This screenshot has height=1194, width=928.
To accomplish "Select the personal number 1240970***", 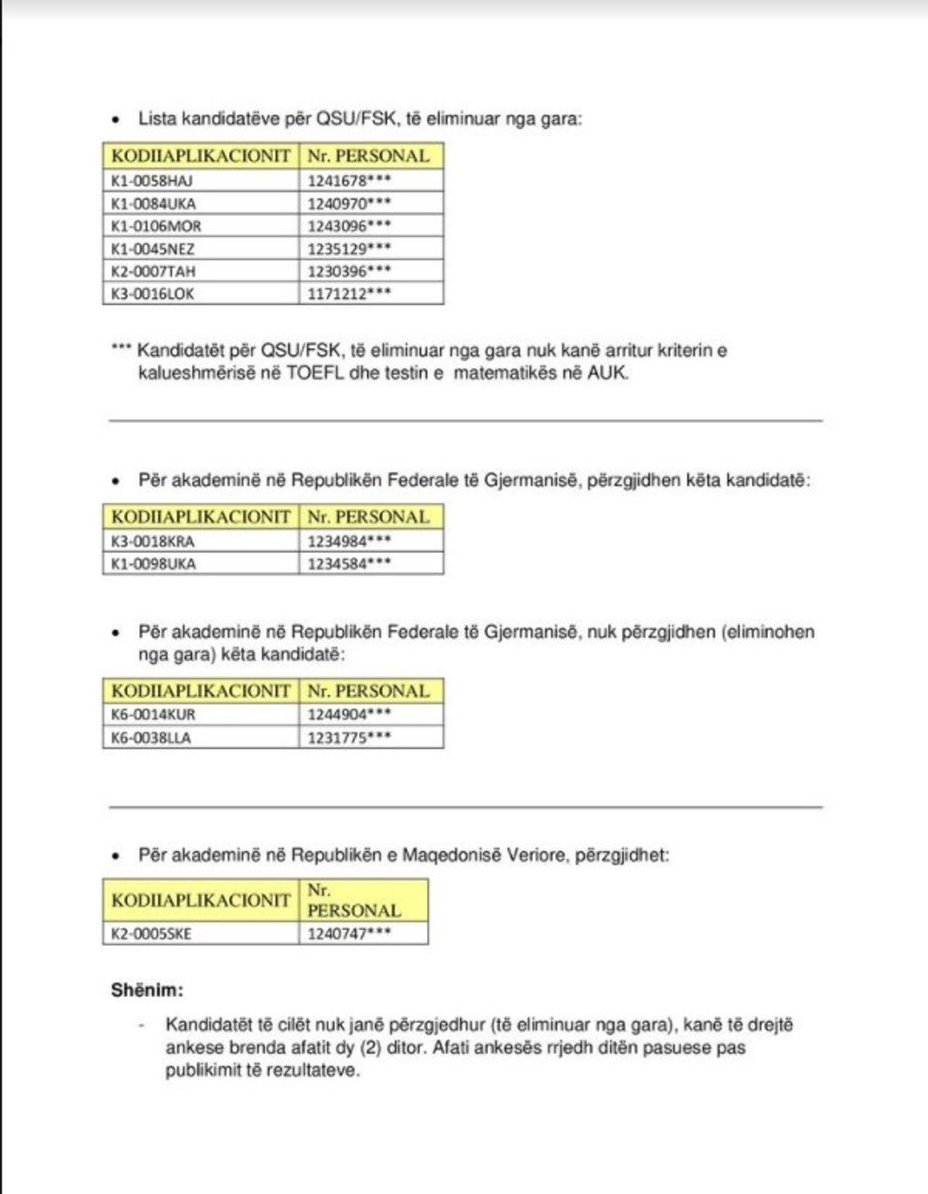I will click(x=349, y=203).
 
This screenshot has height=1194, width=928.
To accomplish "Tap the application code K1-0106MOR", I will click(x=156, y=225).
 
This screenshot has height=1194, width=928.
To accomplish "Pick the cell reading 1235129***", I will click(x=349, y=248).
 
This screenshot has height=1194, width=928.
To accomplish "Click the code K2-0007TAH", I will click(x=153, y=271).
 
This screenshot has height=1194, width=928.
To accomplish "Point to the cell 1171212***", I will click(x=349, y=294).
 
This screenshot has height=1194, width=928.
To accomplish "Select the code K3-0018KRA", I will click(x=152, y=542).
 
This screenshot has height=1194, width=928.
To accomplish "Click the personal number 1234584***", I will click(x=349, y=563).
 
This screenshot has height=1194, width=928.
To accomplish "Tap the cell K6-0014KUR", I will click(x=153, y=715).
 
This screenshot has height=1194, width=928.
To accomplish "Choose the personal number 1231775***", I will click(x=349, y=738).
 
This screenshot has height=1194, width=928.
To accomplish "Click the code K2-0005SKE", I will click(x=152, y=934).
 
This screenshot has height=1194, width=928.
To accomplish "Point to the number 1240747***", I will click(x=349, y=934).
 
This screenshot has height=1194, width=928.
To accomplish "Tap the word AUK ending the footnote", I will click(x=606, y=372).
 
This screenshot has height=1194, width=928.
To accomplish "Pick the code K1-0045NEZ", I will click(x=153, y=248).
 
